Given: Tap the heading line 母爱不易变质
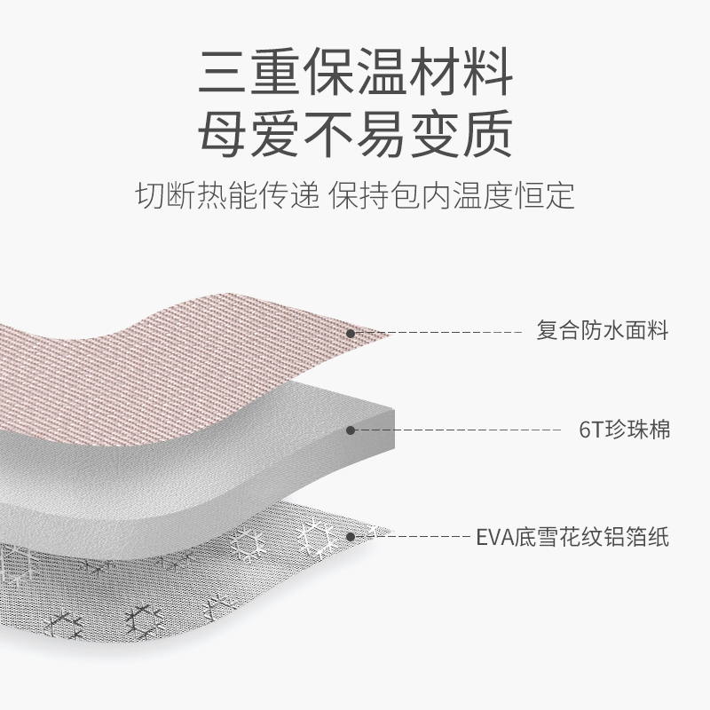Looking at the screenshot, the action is pyautogui.click(x=355, y=134).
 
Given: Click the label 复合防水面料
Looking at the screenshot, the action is pyautogui.click(x=603, y=333).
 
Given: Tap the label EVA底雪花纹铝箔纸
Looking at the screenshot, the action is pyautogui.click(x=572, y=537).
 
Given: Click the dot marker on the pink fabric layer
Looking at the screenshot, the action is pyautogui.click(x=351, y=334).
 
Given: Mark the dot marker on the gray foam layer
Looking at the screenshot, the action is pyautogui.click(x=351, y=430).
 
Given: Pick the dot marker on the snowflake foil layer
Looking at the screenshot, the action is pyautogui.click(x=351, y=537).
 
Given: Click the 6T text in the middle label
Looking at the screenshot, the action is pyautogui.click(x=589, y=430).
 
